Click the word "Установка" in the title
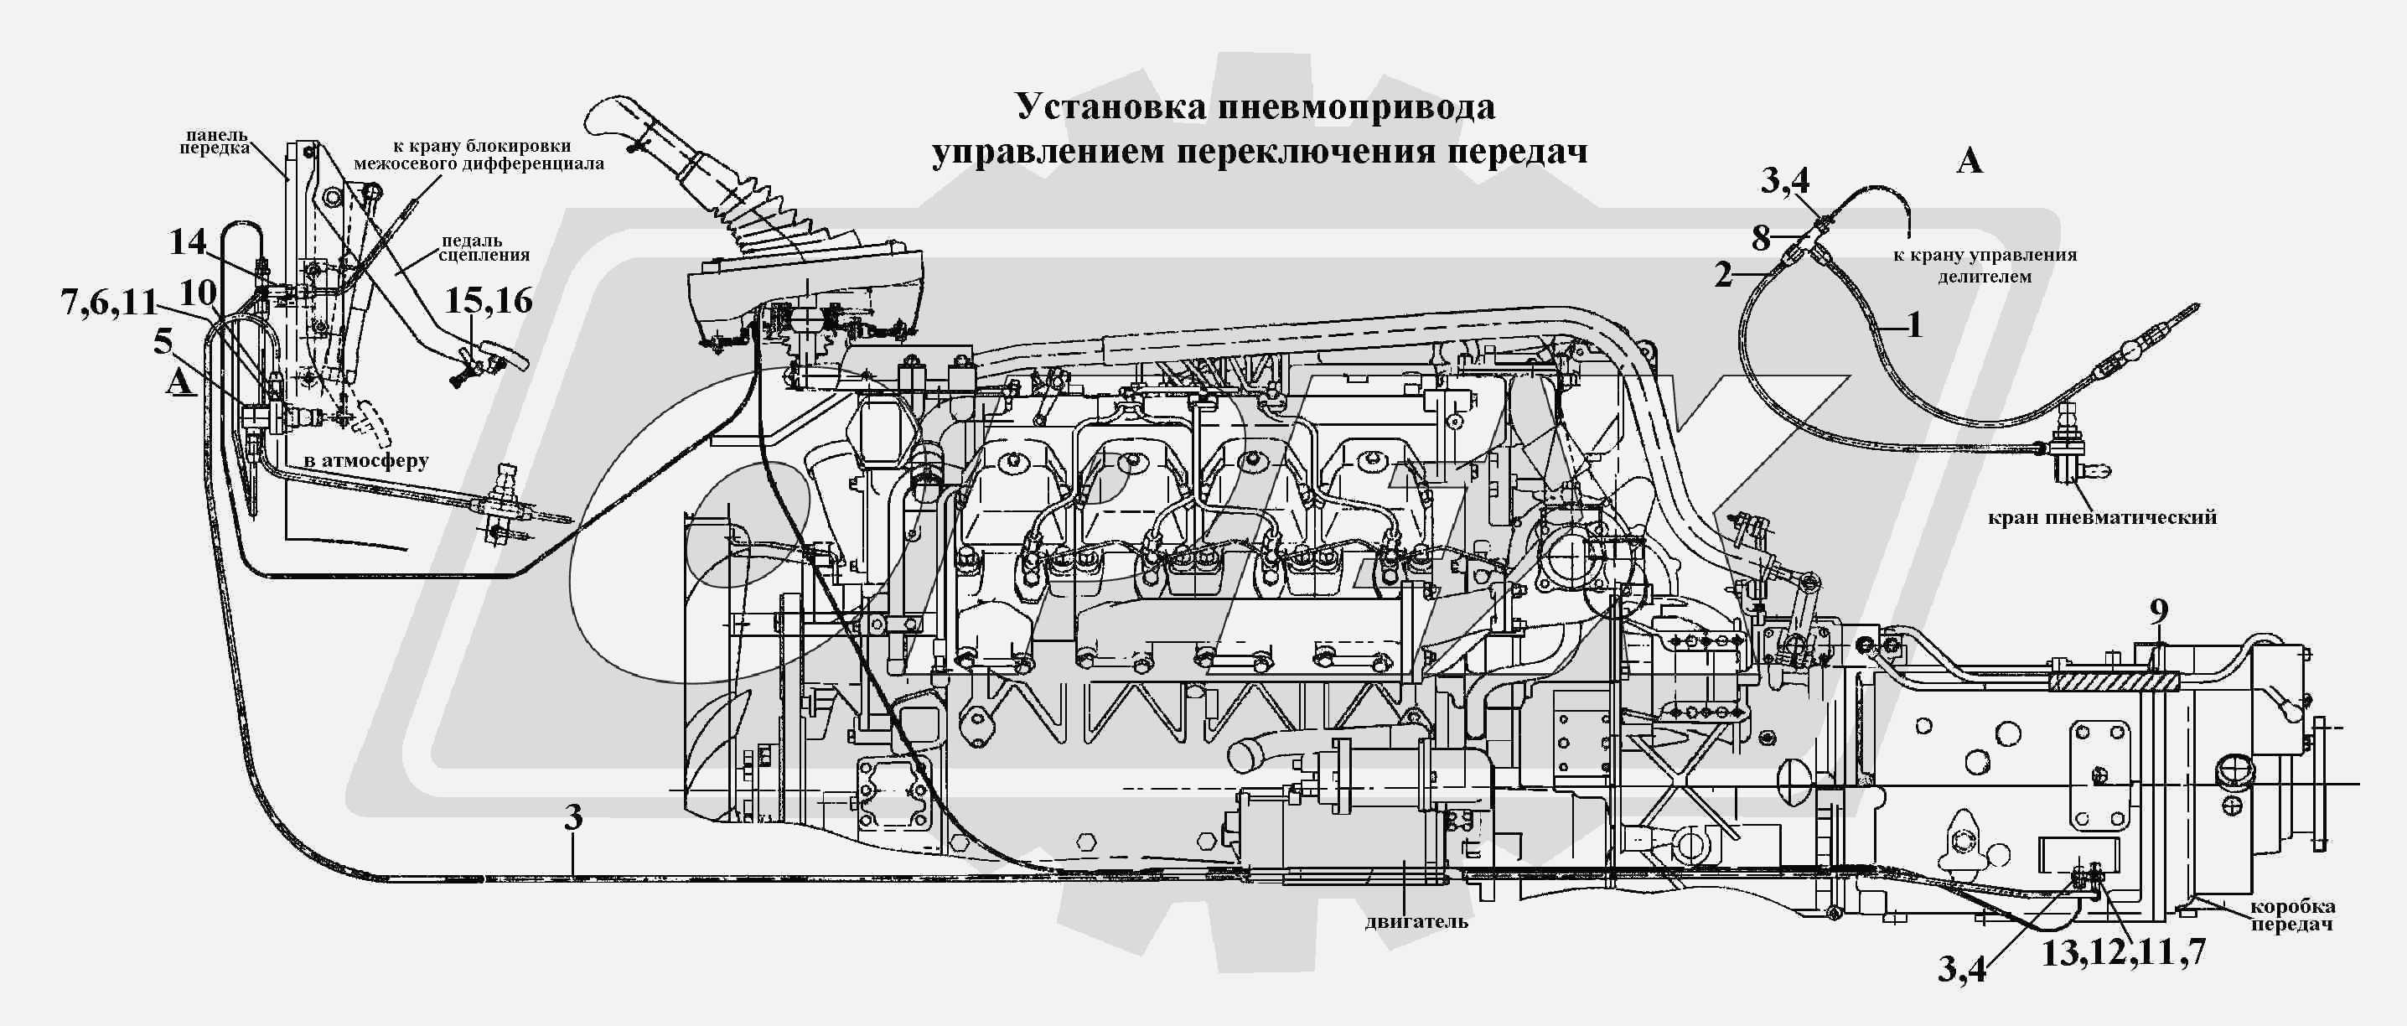1116,106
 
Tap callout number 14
188,242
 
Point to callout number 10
197,293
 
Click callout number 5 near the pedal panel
163,341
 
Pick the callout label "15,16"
488,301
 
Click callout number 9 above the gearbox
2158,612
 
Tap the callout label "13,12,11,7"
2123,952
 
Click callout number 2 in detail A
1723,275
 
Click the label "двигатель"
1416,921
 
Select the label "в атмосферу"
365,461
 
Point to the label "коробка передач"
2292,915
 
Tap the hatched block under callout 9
2114,681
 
